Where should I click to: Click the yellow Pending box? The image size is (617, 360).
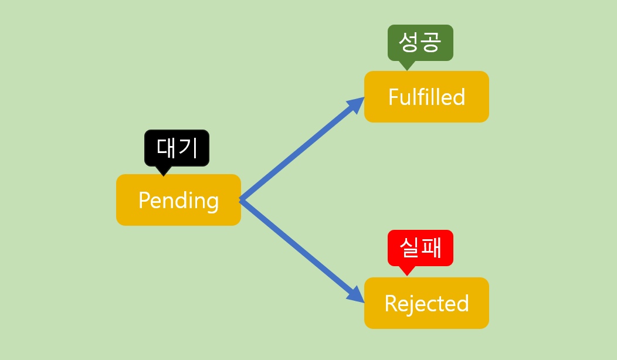tap(178, 200)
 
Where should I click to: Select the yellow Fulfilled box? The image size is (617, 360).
tap(426, 97)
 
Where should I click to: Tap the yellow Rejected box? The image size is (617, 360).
tap(426, 303)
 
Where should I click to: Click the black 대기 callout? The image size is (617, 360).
tap(177, 147)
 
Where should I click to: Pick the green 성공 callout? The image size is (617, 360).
tap(420, 42)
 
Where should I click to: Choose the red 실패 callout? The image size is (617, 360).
tap(420, 248)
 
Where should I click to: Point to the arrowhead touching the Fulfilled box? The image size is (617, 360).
tap(354, 106)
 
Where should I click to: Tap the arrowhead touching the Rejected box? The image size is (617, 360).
tap(355, 294)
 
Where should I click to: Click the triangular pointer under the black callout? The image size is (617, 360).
tap(164, 171)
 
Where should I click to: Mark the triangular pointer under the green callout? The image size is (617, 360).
tap(406, 65)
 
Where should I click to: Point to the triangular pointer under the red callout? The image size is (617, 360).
tap(406, 271)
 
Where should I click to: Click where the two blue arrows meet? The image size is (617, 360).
tap(241, 200)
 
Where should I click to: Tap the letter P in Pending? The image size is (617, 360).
tap(144, 201)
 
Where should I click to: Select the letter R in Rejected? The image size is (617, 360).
tap(390, 304)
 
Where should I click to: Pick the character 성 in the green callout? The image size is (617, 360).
tap(408, 42)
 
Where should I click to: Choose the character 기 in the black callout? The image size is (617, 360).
tap(188, 147)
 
